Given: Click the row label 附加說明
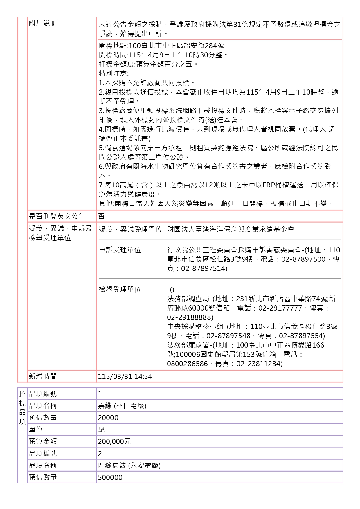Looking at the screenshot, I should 43,24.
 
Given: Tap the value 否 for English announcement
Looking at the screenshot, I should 101,216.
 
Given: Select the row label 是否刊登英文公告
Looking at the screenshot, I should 57,216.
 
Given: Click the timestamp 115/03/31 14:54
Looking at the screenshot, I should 125,377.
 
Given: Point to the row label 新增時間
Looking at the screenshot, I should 43,377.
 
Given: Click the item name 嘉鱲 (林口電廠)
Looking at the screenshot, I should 122,406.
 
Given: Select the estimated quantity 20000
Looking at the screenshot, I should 108,418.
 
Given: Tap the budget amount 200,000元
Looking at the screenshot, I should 114,441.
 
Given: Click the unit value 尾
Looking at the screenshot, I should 101,429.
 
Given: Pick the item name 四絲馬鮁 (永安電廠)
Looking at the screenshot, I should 129,465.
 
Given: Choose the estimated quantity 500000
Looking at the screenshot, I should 110,477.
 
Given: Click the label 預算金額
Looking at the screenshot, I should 43,441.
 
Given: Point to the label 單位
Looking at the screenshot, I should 36,429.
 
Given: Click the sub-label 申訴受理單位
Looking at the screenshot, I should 120,250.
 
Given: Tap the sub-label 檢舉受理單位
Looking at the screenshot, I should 120,289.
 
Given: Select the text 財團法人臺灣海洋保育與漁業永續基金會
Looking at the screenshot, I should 231,229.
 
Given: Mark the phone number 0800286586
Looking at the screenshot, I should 187,364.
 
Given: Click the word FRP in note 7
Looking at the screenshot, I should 269,185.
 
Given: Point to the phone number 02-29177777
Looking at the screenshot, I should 280,308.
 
